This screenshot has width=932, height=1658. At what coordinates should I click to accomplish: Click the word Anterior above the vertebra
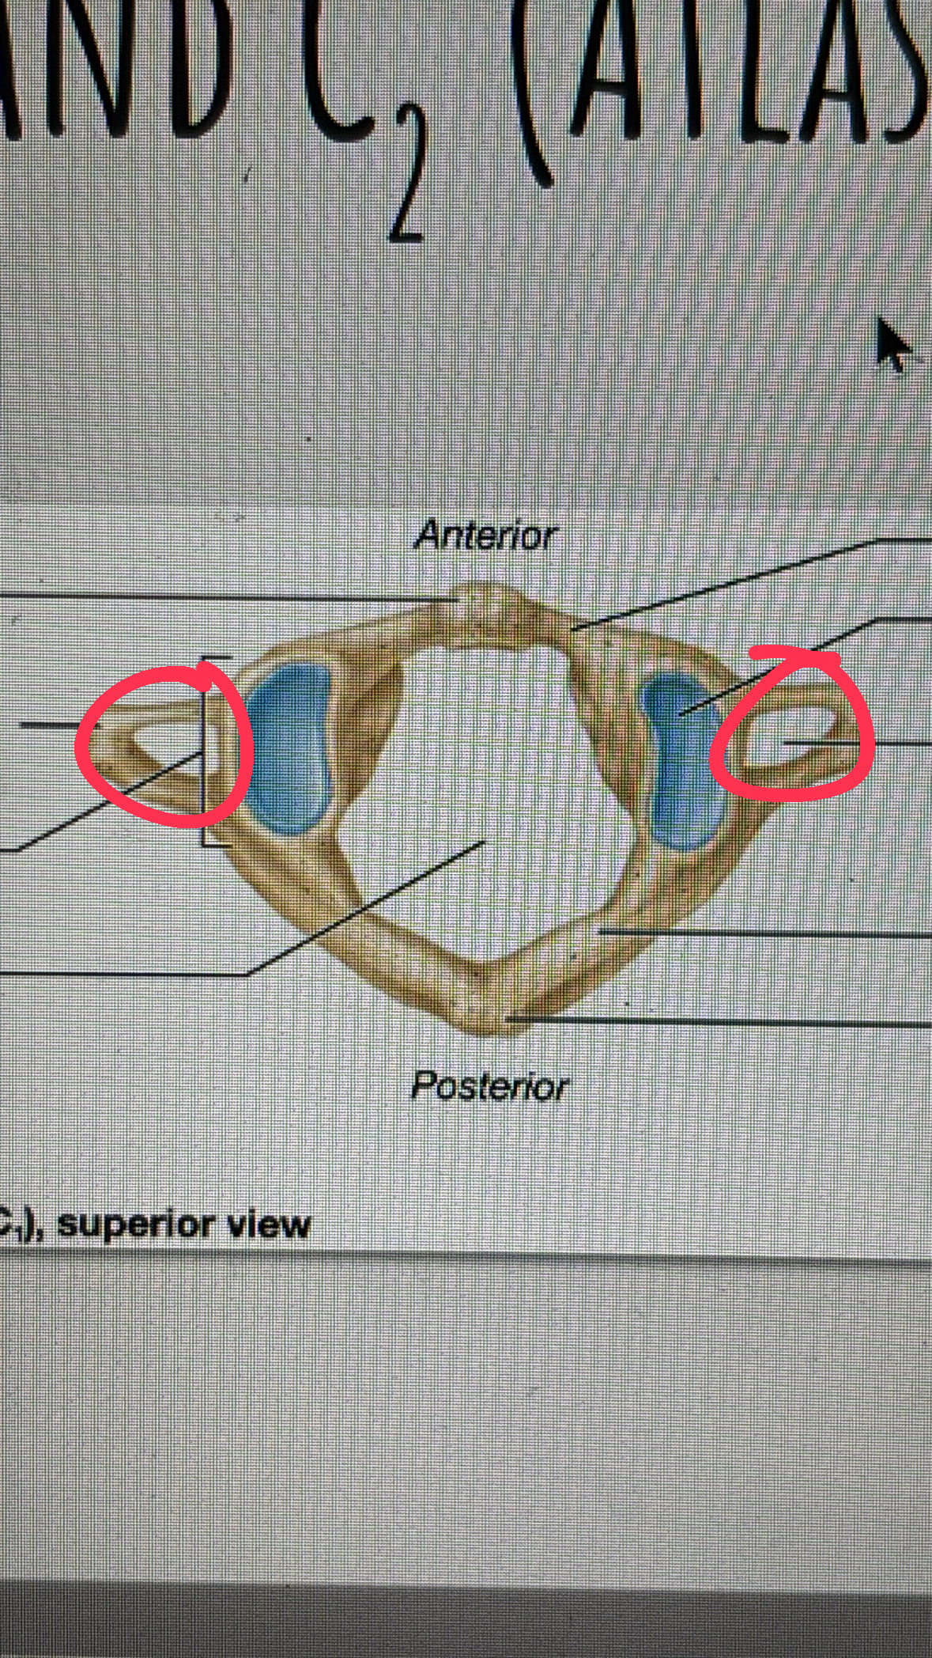485,536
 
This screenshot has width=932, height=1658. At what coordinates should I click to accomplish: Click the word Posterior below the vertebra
489,1086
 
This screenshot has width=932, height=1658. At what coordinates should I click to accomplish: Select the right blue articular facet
681,759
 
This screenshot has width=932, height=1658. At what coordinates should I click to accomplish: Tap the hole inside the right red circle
791,740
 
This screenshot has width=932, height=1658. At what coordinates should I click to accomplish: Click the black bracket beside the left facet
203,751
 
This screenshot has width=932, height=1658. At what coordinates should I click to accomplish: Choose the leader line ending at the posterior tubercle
711,1022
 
